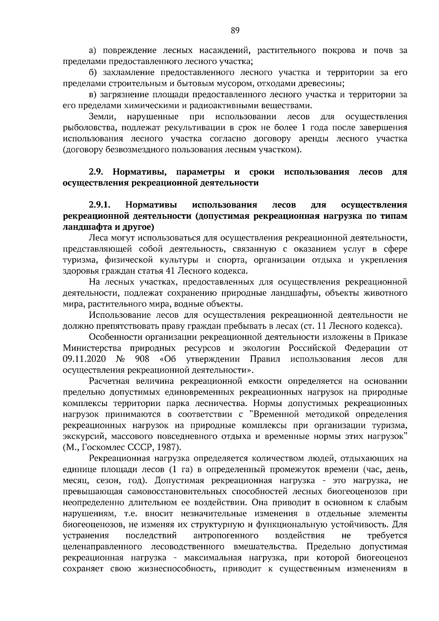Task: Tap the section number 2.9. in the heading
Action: (97, 172)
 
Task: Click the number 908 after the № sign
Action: (141, 359)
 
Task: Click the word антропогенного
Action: (226, 535)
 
